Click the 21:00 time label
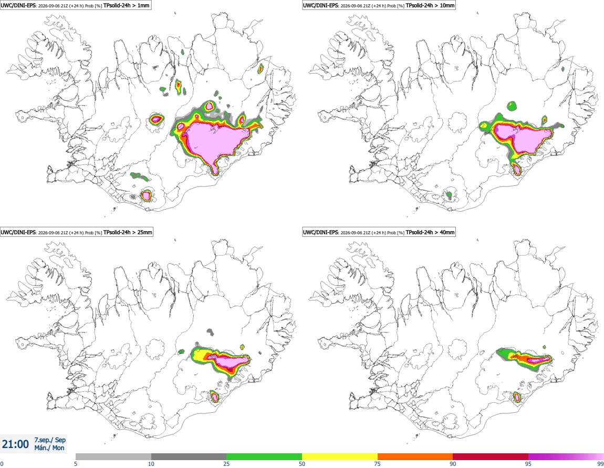click(x=15, y=444)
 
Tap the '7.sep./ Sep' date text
click(x=50, y=440)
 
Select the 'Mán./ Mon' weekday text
click(x=49, y=448)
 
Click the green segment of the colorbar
click(x=264, y=456)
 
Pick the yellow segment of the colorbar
click(x=340, y=456)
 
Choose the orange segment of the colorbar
click(x=415, y=456)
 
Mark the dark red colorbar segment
click(x=491, y=456)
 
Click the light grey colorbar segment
click(x=113, y=456)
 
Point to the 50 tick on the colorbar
click(x=302, y=464)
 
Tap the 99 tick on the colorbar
click(x=600, y=464)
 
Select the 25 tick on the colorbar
click(x=226, y=464)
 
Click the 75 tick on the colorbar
click(x=378, y=464)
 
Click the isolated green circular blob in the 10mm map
click(x=512, y=106)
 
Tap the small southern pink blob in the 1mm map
click(x=145, y=195)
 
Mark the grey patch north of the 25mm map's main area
click(x=210, y=331)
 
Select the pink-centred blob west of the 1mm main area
click(x=156, y=119)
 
